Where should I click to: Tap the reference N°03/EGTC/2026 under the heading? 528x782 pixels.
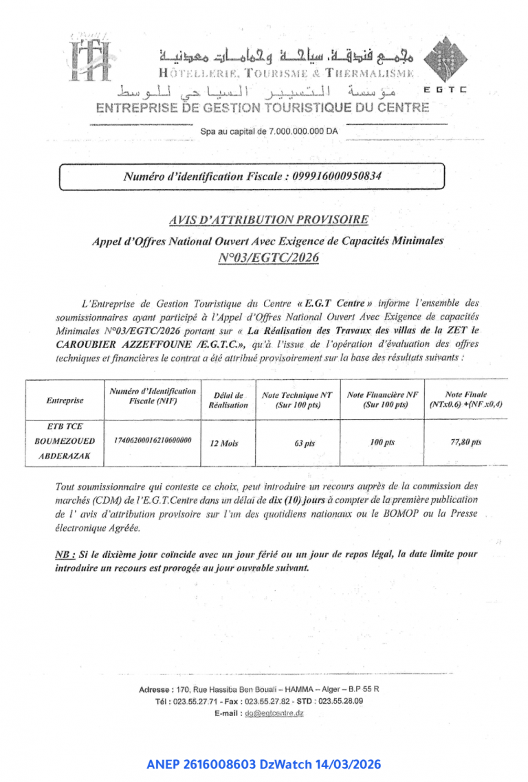tap(268, 258)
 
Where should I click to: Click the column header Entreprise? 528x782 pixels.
tap(65, 400)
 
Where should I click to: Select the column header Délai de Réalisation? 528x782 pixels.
tap(228, 400)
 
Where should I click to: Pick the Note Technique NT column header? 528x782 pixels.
tap(297, 400)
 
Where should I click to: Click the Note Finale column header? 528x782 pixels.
tap(465, 399)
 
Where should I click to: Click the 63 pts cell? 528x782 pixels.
tap(304, 443)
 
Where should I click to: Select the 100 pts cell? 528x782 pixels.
tap(382, 443)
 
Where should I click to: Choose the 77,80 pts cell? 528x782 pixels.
tap(465, 442)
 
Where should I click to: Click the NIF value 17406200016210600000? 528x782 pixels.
tap(152, 439)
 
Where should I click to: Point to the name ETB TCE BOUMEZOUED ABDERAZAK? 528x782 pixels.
tap(65, 440)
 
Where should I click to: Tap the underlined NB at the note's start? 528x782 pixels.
tap(64, 554)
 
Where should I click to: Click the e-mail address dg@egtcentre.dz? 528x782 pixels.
tap(274, 713)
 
